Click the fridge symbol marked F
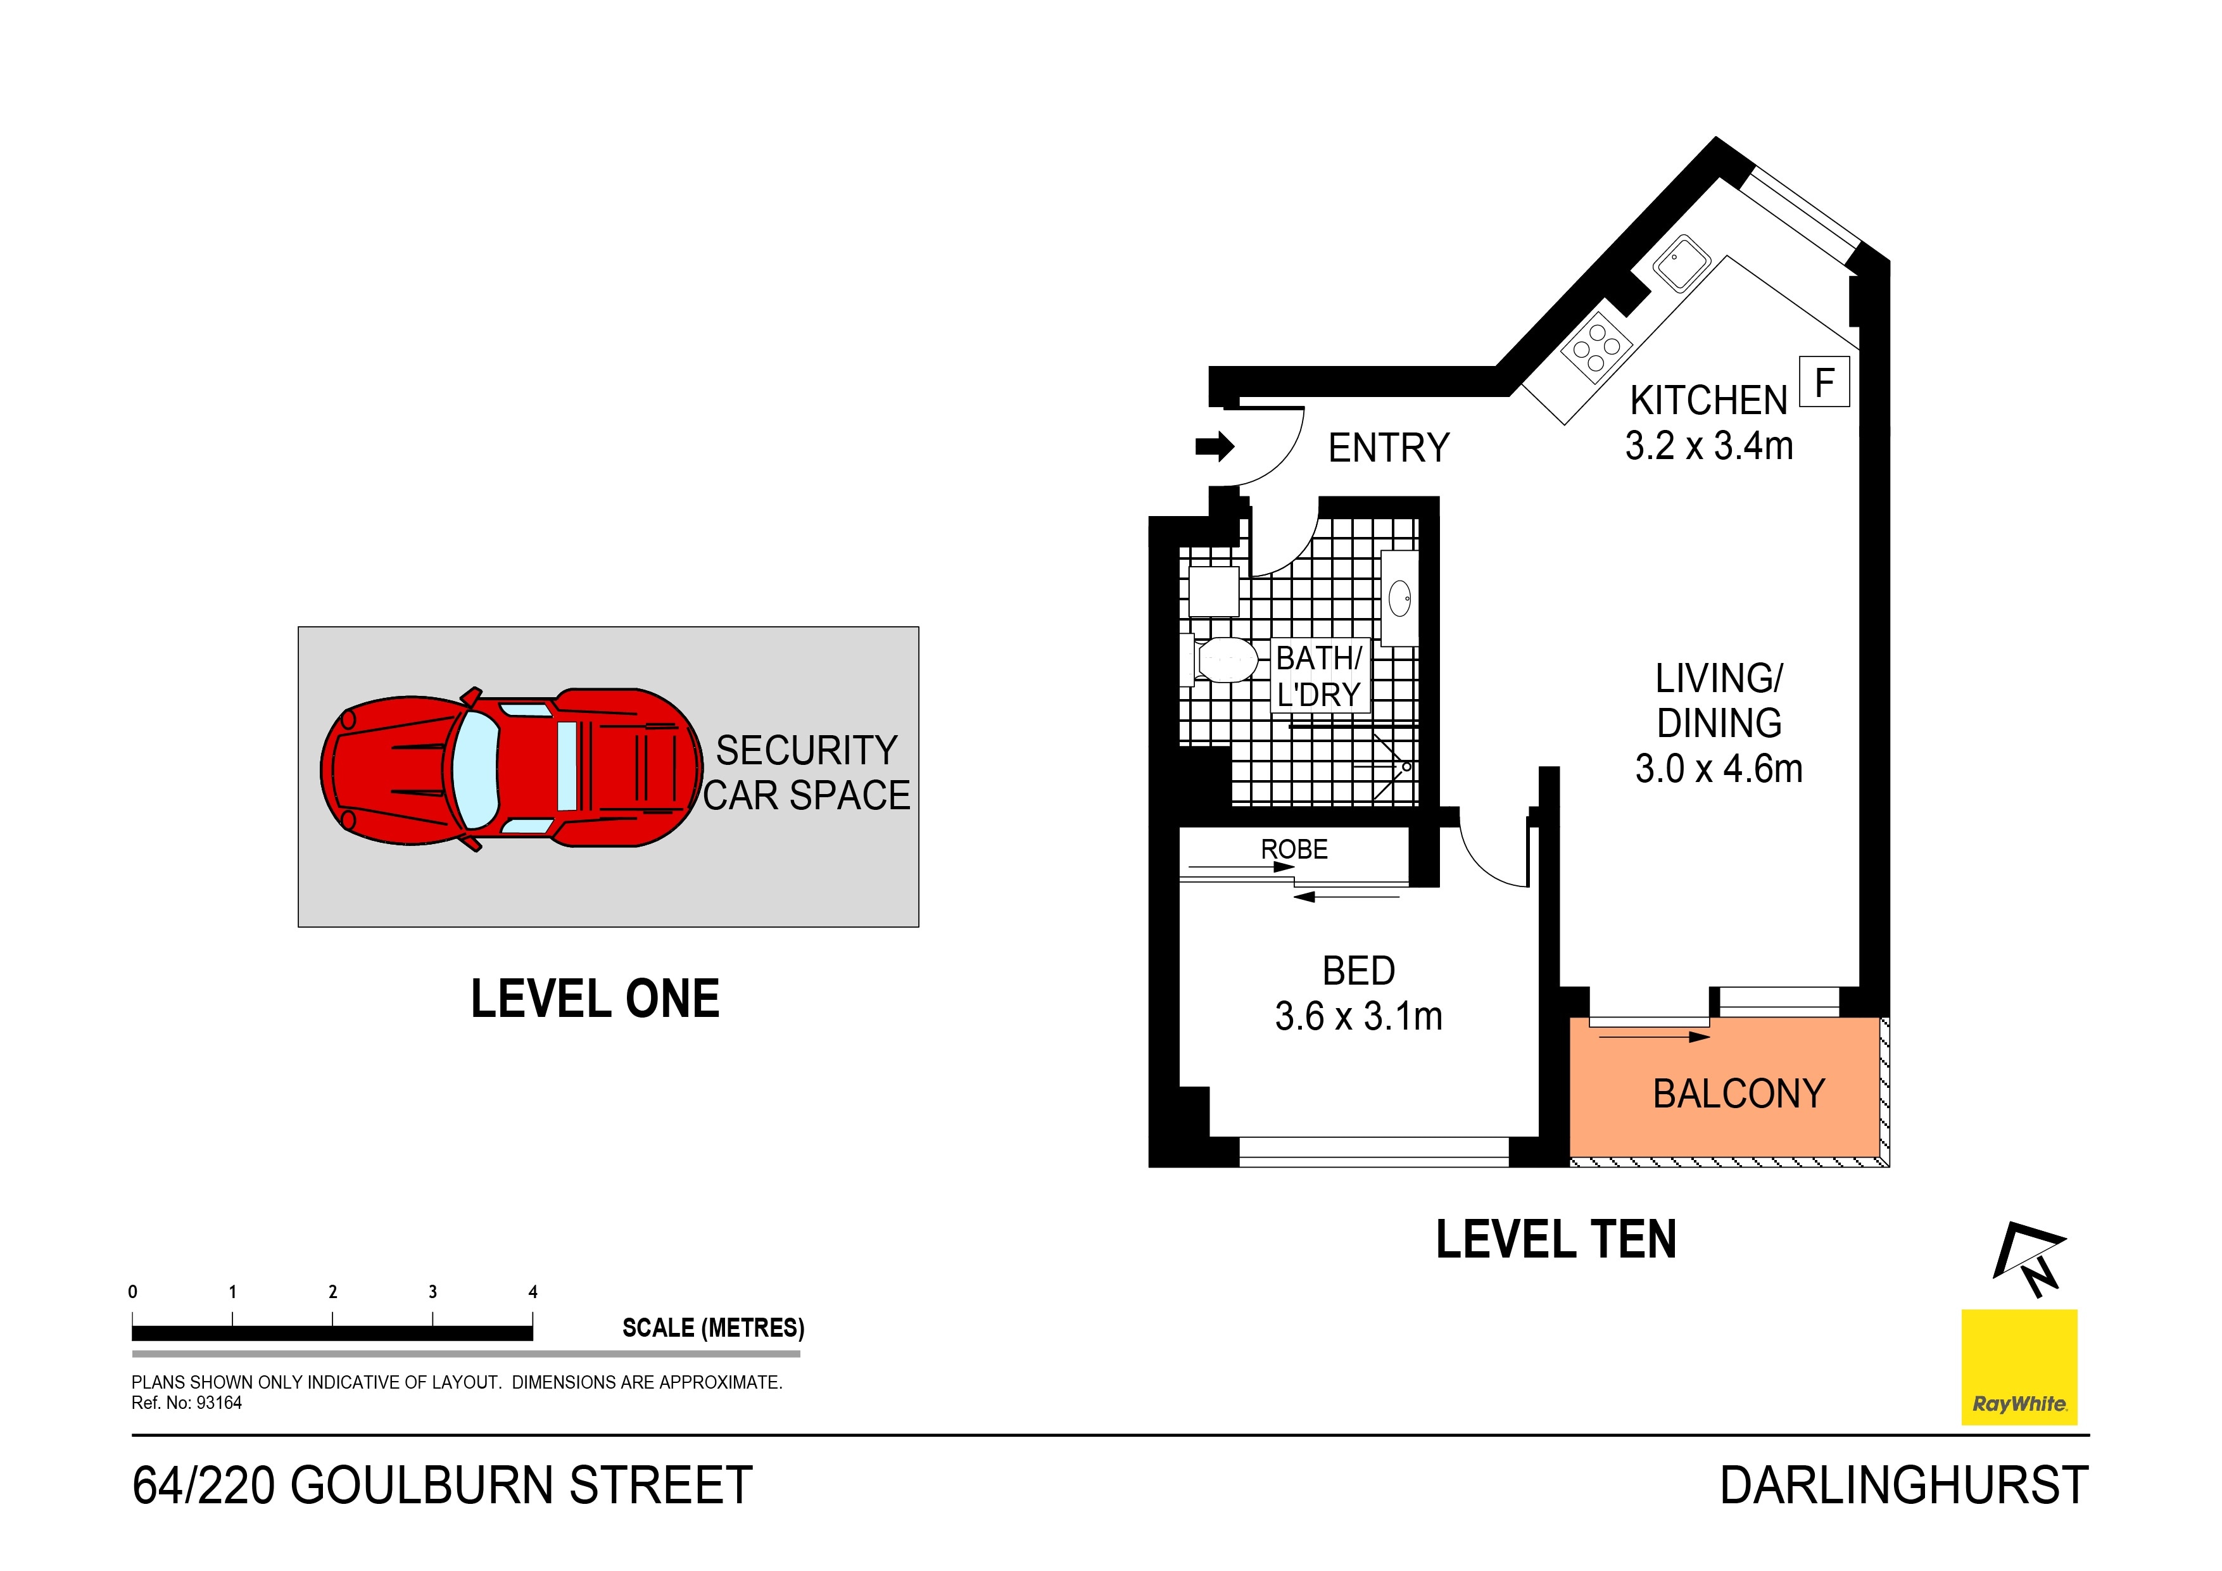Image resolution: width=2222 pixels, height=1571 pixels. coord(1824,381)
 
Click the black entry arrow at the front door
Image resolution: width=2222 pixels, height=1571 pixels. coord(1215,446)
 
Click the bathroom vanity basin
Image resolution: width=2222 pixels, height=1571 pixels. coord(1399,597)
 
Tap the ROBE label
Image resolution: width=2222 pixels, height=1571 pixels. coord(1294,849)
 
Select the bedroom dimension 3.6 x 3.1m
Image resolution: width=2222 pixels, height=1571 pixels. coord(1359,1016)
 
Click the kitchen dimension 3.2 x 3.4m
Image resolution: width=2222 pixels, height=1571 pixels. coord(1709,445)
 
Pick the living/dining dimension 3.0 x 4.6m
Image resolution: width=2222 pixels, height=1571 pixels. coord(1719,769)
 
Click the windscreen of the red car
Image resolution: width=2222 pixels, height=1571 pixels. coord(476,769)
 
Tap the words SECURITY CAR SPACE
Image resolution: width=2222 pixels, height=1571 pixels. coord(806,773)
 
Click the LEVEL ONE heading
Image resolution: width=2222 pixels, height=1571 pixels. coord(595,999)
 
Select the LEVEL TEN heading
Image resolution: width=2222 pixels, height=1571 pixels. coord(1556,1240)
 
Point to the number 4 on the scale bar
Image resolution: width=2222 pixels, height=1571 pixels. coord(533,1292)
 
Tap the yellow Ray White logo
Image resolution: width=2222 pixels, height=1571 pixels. coord(2020,1366)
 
